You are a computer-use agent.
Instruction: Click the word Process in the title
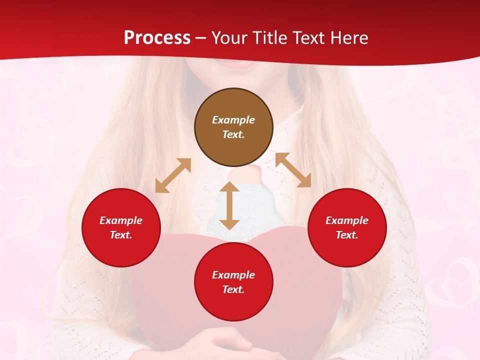click(157, 38)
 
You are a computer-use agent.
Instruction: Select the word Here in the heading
click(348, 38)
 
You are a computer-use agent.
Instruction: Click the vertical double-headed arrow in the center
click(229, 205)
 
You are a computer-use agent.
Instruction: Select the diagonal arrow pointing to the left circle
click(173, 175)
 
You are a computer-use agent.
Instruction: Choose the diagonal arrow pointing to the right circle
click(293, 170)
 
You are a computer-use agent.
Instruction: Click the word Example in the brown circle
click(233, 120)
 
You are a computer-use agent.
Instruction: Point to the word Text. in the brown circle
click(233, 134)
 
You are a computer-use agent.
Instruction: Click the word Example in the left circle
click(121, 220)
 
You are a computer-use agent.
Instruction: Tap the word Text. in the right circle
click(347, 235)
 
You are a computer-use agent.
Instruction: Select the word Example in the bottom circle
click(233, 275)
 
